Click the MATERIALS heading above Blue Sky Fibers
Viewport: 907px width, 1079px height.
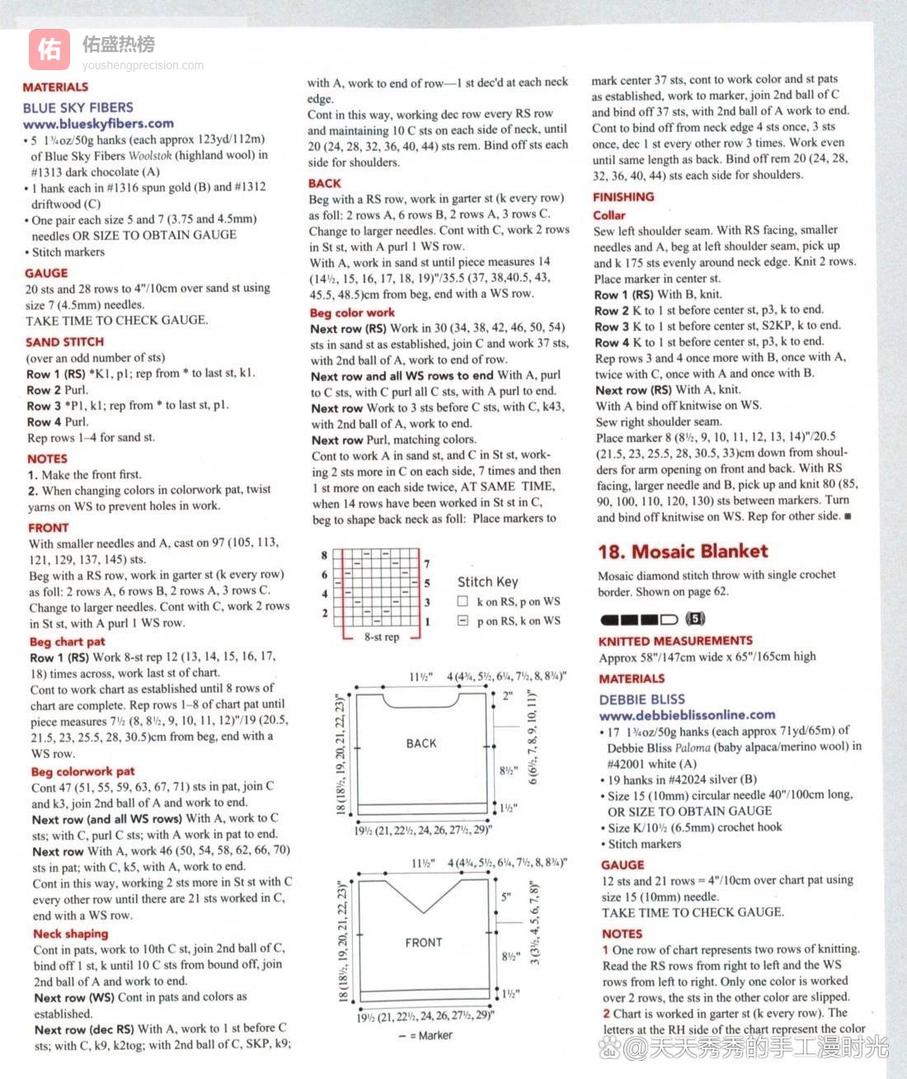click(x=55, y=87)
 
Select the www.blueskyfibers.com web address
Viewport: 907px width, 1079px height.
click(x=98, y=124)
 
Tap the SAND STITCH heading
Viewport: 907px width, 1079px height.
click(x=64, y=342)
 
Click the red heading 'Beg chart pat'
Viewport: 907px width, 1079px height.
click(x=67, y=641)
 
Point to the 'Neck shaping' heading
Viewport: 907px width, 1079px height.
click(x=70, y=933)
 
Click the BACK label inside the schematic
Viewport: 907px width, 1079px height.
click(x=421, y=743)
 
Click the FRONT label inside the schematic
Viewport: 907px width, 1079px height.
click(x=424, y=942)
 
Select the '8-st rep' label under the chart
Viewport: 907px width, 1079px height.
click(x=381, y=637)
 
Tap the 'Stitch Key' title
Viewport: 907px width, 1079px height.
click(x=488, y=582)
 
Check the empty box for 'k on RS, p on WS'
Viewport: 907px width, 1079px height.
click(x=463, y=601)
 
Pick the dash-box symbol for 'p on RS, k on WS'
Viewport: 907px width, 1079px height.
click(x=463, y=620)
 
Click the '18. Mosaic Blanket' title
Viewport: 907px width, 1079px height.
click(x=683, y=551)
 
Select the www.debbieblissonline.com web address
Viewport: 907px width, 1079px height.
click(x=687, y=714)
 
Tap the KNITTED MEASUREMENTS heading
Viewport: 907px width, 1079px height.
click(x=675, y=640)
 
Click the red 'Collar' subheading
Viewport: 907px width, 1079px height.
click(x=609, y=214)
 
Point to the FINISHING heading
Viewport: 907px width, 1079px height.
click(x=623, y=196)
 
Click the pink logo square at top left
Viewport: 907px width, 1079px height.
click(x=49, y=49)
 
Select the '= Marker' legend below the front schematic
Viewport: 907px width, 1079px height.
click(x=430, y=1035)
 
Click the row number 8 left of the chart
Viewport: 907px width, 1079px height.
click(x=325, y=555)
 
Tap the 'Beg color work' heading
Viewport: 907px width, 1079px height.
click(x=352, y=313)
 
